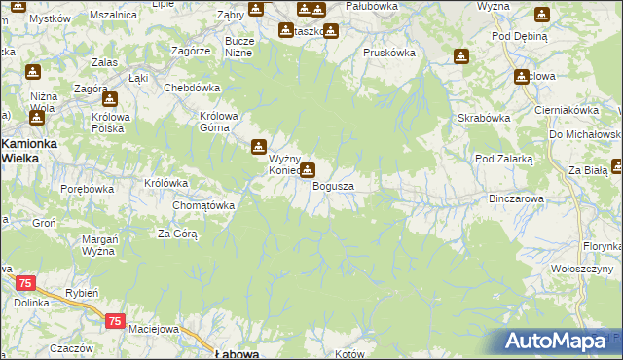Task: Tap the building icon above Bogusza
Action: (308, 171)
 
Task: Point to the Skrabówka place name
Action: (484, 119)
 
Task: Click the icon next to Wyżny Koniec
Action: (259, 148)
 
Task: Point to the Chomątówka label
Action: (203, 205)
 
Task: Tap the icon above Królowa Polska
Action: (110, 98)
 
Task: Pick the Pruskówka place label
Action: (388, 53)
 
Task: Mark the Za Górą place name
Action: (178, 234)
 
